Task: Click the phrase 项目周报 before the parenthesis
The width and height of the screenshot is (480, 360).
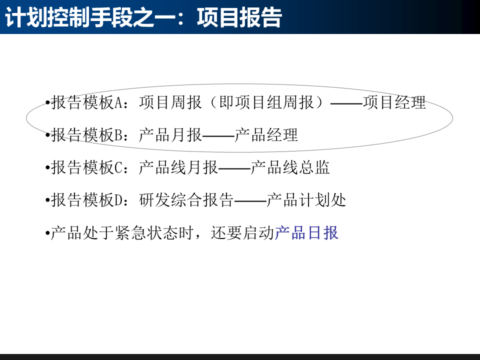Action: (x=170, y=103)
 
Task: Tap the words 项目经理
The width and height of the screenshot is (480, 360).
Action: (x=394, y=103)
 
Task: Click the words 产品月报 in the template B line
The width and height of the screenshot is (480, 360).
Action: (x=170, y=135)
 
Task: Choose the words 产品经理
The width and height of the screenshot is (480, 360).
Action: (x=266, y=135)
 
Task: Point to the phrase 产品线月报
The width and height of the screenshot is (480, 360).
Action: (x=178, y=168)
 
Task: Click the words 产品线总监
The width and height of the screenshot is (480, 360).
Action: (x=290, y=168)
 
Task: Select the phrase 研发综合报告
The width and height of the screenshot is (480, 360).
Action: (x=186, y=200)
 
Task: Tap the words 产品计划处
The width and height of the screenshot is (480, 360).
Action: (x=306, y=200)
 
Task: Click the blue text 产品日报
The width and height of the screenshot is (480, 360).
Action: (x=306, y=233)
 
